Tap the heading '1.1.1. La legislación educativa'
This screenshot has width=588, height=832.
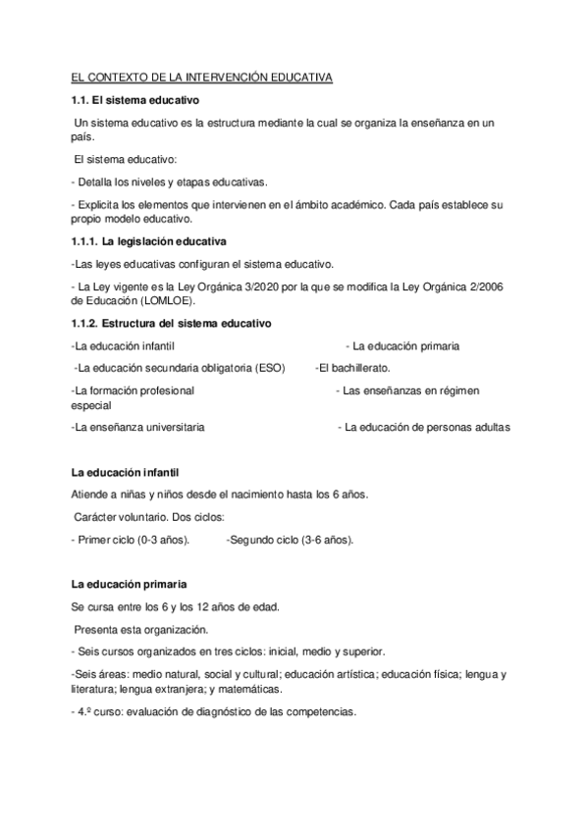coord(149,241)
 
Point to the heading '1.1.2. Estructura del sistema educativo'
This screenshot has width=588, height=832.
coord(172,324)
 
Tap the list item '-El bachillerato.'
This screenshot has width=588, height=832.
coord(352,368)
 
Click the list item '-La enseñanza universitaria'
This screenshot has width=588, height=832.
coord(138,428)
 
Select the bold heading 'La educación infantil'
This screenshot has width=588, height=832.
coord(125,473)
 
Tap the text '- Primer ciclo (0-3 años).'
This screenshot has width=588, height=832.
coord(131,541)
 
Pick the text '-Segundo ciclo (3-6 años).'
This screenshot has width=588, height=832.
coord(290,541)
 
